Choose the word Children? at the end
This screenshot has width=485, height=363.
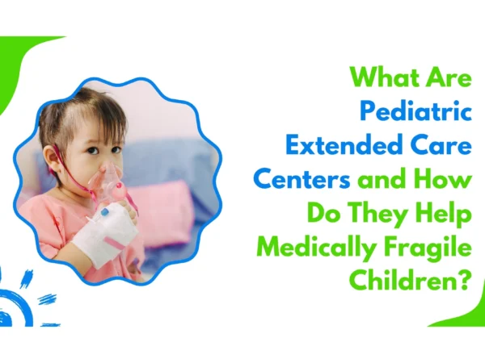tap(411, 281)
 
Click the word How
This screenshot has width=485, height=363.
tap(445, 178)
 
